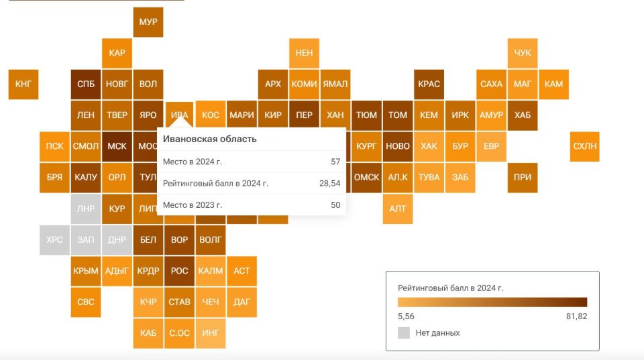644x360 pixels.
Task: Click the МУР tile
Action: pos(148,22)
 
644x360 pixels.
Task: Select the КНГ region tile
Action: pos(23,84)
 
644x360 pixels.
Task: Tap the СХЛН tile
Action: pos(584,146)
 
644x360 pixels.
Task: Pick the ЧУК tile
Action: pos(523,53)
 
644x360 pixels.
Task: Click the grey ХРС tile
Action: pos(54,240)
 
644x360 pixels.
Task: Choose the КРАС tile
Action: pos(429,84)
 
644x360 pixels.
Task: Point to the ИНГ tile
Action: pos(210,333)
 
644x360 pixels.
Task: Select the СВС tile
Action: pos(86,302)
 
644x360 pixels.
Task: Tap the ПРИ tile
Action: pos(523,178)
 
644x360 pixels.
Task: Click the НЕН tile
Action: pos(304,53)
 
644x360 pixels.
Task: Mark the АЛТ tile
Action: pos(398,208)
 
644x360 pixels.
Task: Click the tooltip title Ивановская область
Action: pos(210,139)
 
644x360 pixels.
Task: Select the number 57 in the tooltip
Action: pos(335,162)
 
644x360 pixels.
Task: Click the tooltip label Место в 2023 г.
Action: pos(193,204)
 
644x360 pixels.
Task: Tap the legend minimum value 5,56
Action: pos(407,316)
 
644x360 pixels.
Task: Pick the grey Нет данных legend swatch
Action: pos(404,333)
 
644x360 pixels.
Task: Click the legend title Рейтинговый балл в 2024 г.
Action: pos(450,288)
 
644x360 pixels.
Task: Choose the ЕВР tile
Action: pos(491,146)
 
